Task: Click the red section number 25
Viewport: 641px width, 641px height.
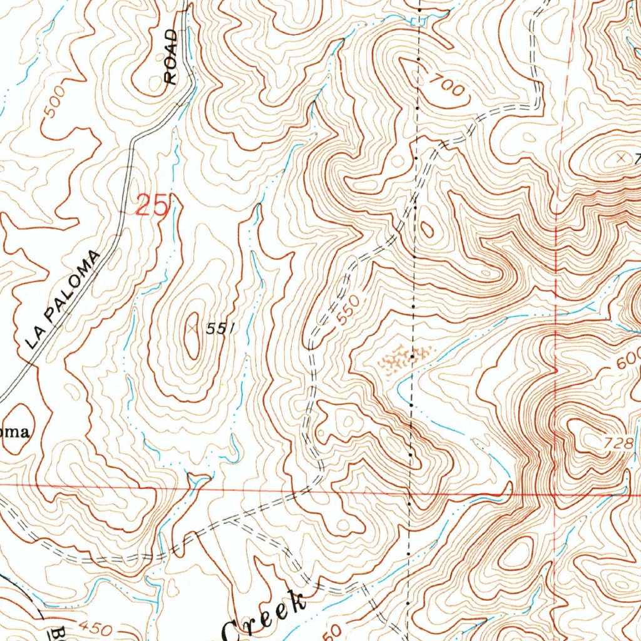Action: click(153, 205)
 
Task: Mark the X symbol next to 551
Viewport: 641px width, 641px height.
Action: click(192, 326)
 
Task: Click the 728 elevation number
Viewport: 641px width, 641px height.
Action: click(617, 443)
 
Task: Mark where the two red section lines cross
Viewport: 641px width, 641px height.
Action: click(556, 493)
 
